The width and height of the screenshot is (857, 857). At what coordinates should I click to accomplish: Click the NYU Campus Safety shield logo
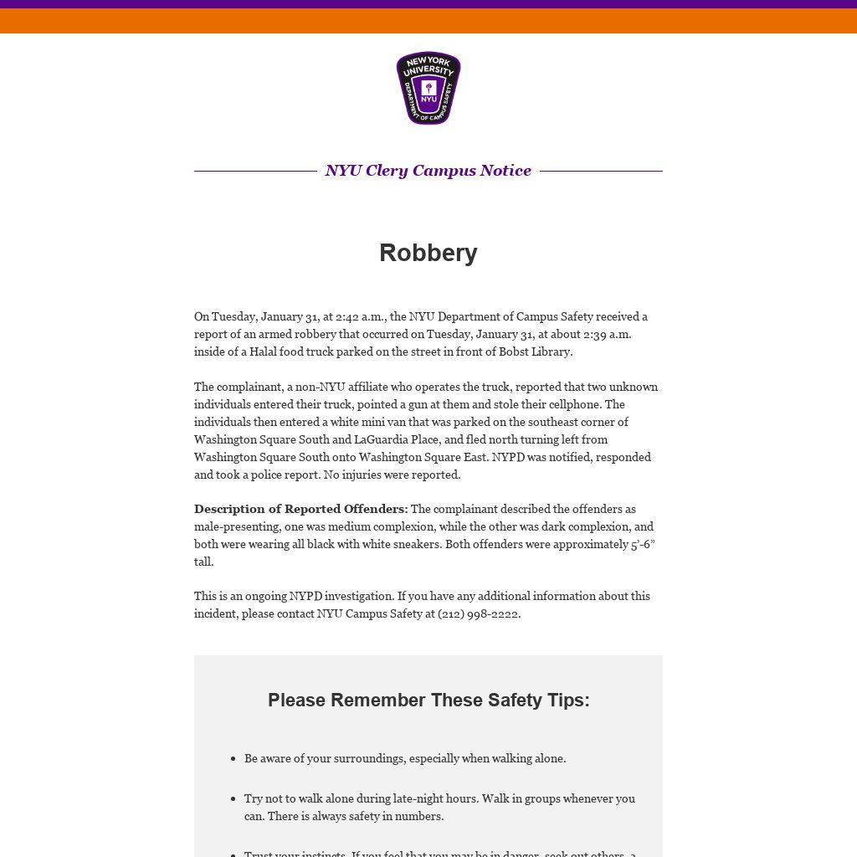[428, 88]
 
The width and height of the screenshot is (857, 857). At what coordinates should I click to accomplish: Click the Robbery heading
[428, 253]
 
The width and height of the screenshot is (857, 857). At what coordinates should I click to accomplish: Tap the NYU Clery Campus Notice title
[428, 171]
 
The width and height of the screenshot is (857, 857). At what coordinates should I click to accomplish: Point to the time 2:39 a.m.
[608, 334]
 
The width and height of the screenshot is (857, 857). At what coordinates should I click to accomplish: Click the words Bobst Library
[536, 352]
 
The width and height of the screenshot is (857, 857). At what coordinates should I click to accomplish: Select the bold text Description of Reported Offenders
[301, 509]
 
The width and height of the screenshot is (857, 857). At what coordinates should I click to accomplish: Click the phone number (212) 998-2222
[479, 613]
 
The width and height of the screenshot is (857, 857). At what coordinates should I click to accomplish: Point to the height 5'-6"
[643, 544]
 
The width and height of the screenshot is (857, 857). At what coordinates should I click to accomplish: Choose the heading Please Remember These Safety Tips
[428, 700]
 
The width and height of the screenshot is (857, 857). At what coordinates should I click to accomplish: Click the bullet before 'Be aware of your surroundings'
[233, 759]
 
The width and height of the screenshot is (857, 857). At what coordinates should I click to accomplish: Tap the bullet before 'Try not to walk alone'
[233, 799]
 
